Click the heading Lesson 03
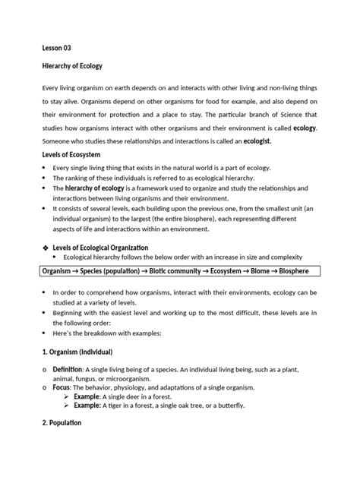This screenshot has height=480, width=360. click(55, 47)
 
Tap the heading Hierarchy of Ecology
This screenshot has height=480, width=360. click(72, 66)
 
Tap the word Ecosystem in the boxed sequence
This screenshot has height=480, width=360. click(205, 271)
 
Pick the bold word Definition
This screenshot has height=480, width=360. click(69, 368)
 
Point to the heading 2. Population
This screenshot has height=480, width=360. click(62, 423)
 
